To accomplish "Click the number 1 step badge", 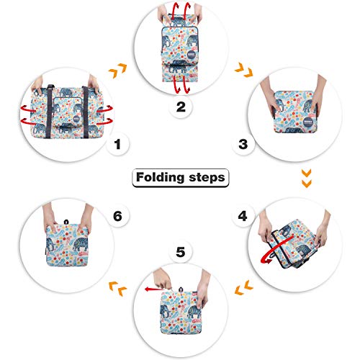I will tap(117, 145).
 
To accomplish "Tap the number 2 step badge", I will tap(181, 109).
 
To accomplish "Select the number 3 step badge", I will tap(243, 145).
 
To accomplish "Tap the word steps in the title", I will tap(205, 176).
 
